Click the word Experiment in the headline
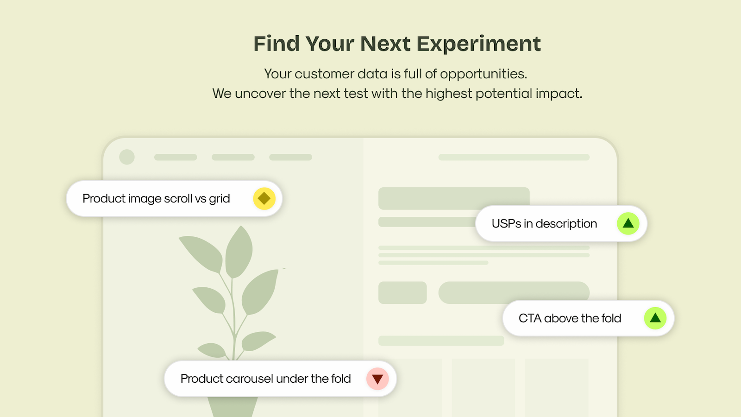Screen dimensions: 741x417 (478, 44)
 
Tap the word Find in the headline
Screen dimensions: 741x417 (276, 44)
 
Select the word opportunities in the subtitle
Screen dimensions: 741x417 (484, 74)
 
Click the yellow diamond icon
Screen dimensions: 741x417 (264, 199)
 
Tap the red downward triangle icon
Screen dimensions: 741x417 (377, 379)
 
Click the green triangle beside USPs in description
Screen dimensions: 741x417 (628, 224)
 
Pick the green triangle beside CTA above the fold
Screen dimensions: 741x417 (655, 318)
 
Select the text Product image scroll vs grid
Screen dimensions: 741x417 (156, 199)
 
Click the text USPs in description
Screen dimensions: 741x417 (544, 224)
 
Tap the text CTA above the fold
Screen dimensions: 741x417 (570, 318)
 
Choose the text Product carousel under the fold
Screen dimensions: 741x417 (266, 379)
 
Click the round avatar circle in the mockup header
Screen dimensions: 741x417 (127, 157)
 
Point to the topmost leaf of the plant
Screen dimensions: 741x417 (239, 252)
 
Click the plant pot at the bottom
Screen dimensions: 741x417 (232, 407)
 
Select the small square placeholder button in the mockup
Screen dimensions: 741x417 (402, 292)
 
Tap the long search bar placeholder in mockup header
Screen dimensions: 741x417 (514, 157)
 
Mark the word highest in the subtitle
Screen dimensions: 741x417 (449, 94)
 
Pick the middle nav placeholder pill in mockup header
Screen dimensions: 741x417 (233, 157)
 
